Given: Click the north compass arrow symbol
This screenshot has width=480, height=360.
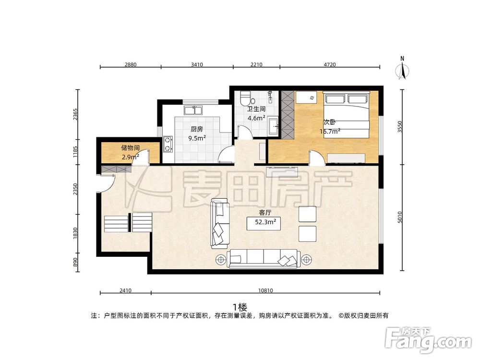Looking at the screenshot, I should point(403,70).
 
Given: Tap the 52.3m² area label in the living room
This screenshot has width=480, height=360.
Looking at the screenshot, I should point(264,222).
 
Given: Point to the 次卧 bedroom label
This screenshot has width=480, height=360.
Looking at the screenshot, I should point(329,122).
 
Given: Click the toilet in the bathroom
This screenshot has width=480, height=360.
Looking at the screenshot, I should point(245,98).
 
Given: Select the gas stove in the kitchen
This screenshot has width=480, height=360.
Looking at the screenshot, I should point(168,143).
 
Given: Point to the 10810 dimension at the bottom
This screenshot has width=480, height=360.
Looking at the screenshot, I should point(265,290).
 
